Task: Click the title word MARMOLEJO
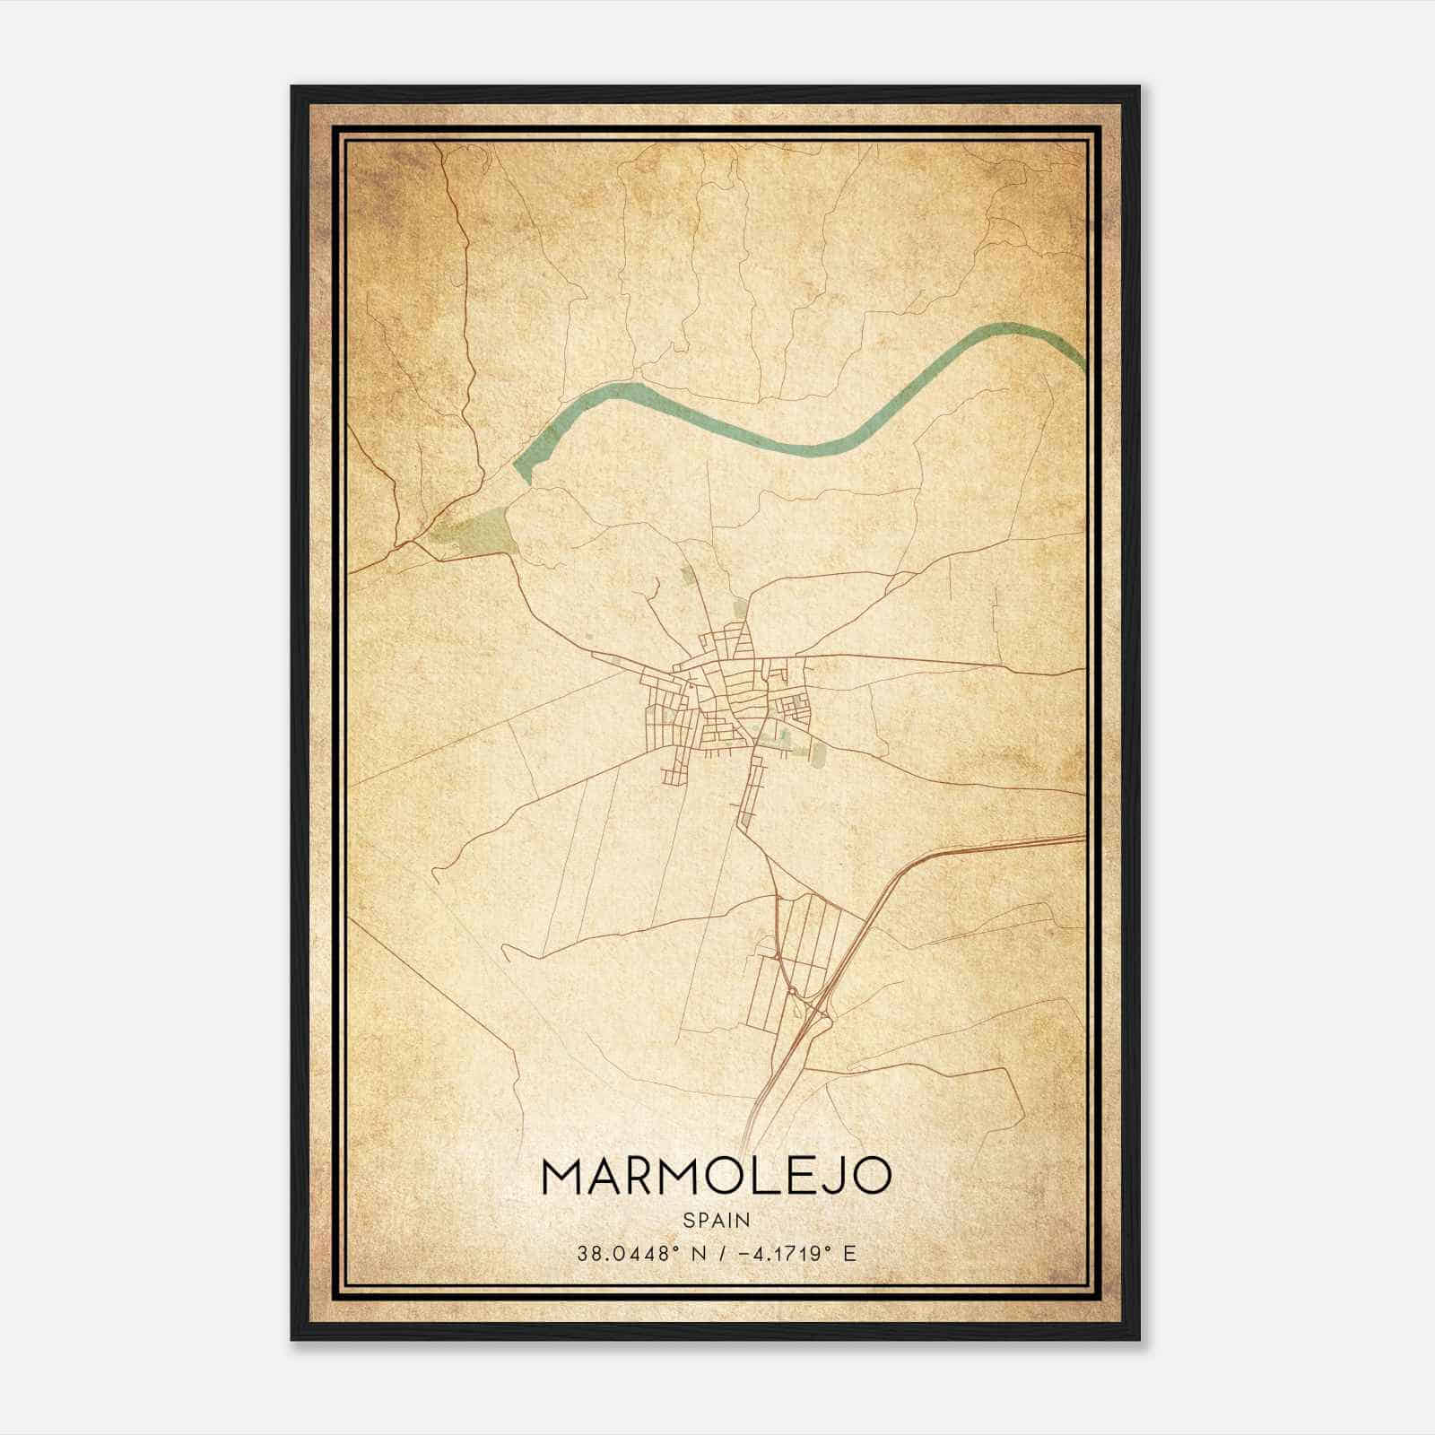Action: point(717,1178)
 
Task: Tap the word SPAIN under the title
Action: point(717,1220)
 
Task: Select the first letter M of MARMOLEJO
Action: point(561,1178)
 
